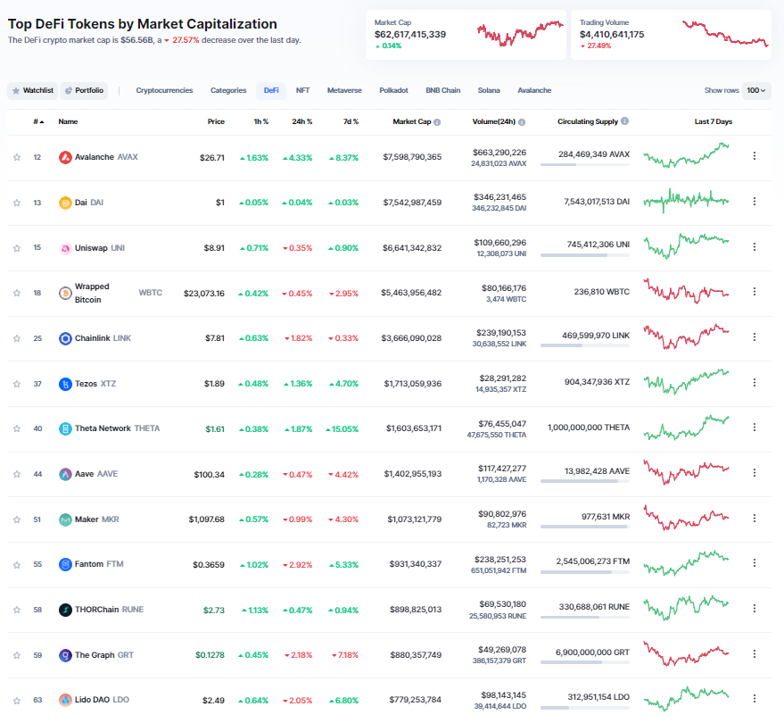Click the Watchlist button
pos(32,90)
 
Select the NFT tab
pos(303,90)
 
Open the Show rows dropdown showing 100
pos(756,90)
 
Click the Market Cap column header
pos(412,121)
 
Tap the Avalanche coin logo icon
pos(65,157)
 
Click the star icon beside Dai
pos(17,203)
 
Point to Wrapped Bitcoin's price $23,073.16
pos(204,293)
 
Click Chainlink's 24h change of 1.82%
pos(298,338)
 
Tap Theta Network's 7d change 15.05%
pos(342,428)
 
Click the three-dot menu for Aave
pos(755,474)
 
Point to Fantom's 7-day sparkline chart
pos(686,564)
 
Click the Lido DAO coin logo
pos(65,700)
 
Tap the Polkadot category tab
pos(393,90)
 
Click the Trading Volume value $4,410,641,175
pos(612,34)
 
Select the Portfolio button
pos(84,90)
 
